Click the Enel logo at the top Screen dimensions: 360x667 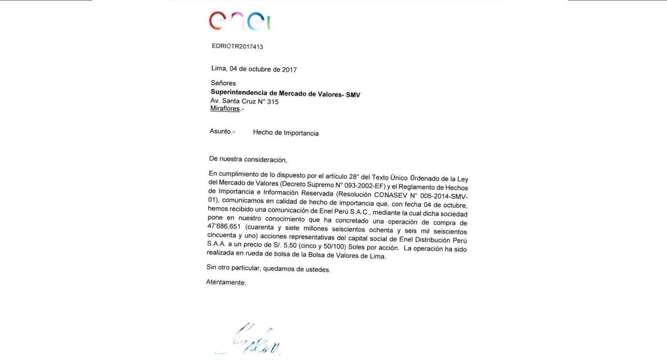pyautogui.click(x=240, y=21)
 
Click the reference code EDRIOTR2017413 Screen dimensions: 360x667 pyautogui.click(x=237, y=47)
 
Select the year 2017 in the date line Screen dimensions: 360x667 pyautogui.click(x=288, y=70)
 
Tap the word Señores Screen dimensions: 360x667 pyautogui.click(x=223, y=83)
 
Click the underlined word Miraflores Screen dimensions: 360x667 pyautogui.click(x=225, y=109)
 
